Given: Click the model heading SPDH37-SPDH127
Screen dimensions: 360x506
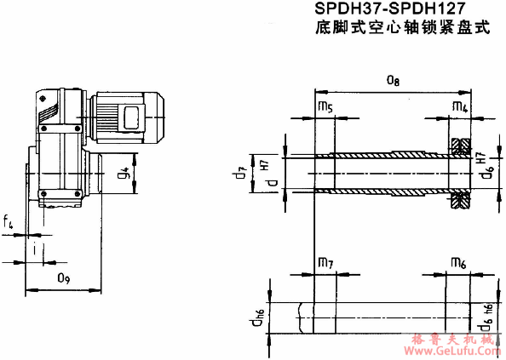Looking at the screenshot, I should point(400,9).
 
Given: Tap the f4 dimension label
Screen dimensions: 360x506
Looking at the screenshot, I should point(9,222).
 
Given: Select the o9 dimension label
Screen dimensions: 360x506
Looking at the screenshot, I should point(63,277).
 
